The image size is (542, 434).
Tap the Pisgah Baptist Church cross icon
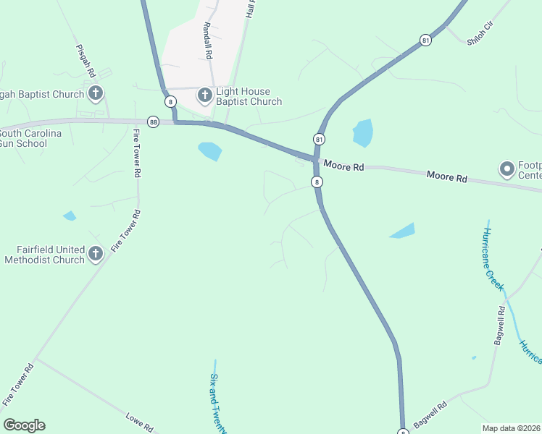[x=96, y=93]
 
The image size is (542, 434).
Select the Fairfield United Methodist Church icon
[x=96, y=254]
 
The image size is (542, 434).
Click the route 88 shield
[x=153, y=122]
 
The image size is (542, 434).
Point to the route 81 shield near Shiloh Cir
[x=425, y=41]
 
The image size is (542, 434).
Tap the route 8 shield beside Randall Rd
[x=170, y=101]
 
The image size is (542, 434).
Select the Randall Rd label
[x=208, y=41]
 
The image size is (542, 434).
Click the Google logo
[x=24, y=425]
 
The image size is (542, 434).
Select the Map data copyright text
[x=511, y=428]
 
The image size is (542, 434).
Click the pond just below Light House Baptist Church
[x=210, y=150]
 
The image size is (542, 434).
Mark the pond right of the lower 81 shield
[x=363, y=133]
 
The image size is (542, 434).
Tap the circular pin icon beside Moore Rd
[x=506, y=170]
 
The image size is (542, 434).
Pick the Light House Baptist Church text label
[x=249, y=97]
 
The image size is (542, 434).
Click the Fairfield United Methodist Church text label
[x=44, y=255]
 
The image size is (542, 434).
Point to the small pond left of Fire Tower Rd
[x=70, y=216]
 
